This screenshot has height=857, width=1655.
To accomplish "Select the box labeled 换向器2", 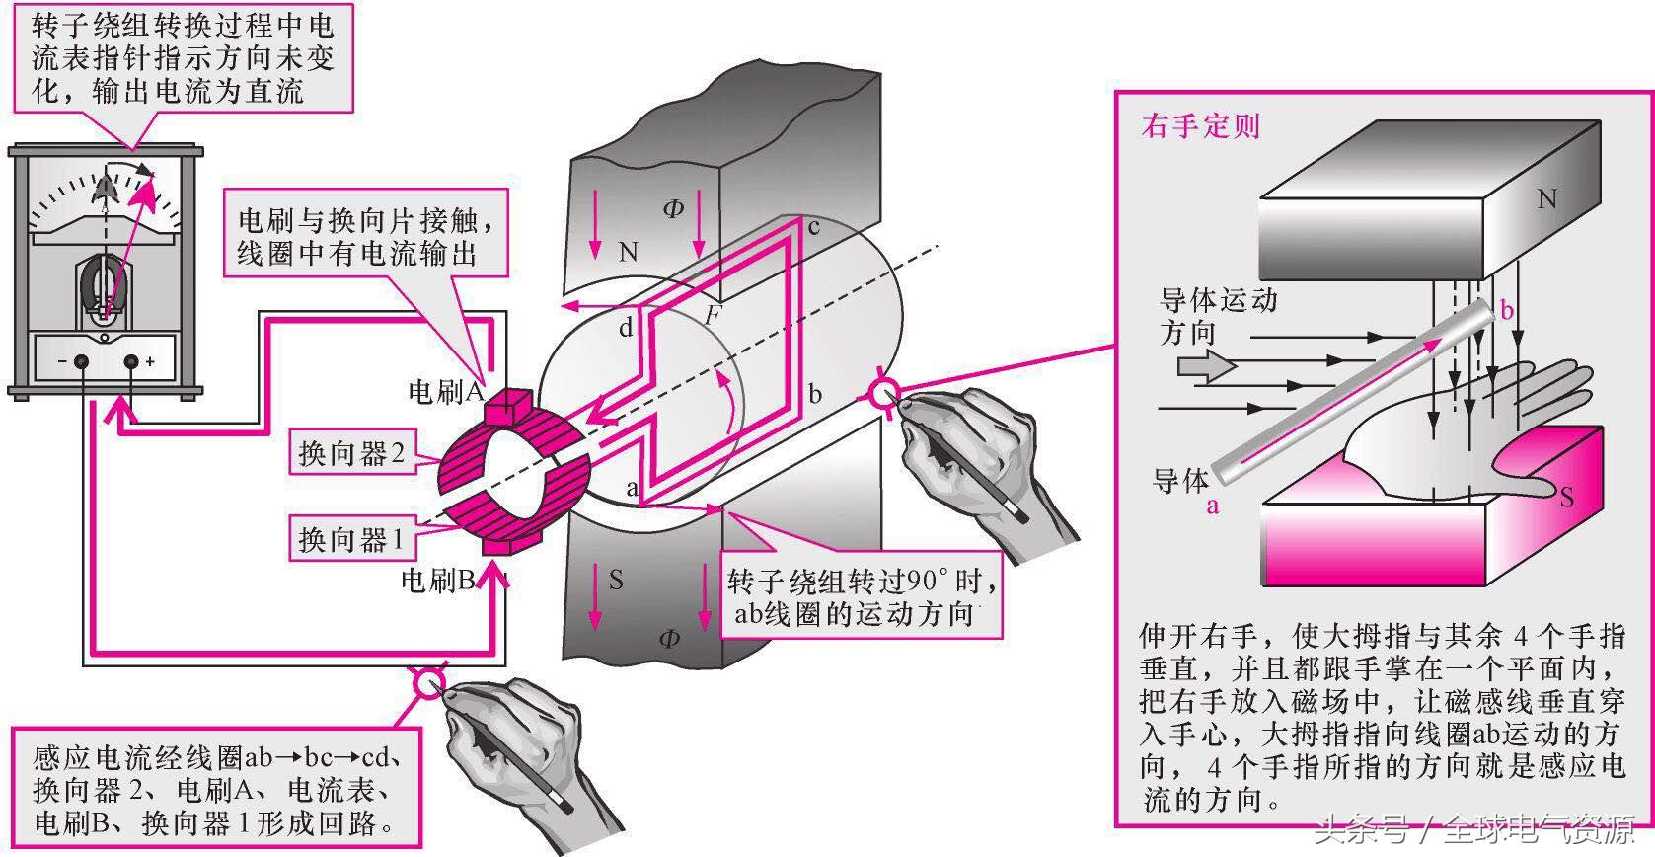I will pos(351,453).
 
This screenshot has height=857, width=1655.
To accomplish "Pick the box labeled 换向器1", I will pos(351,540).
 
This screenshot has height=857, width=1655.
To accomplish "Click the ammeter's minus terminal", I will pos(82,362).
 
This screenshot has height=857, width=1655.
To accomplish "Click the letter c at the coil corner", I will pos(814,227).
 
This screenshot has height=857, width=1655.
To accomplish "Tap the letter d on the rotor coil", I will pos(626,328).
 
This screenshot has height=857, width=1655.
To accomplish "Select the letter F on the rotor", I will pos(712,316).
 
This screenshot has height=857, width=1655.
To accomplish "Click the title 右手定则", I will pos(1200,126).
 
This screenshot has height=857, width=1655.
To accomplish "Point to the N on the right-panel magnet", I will pos(1546,199).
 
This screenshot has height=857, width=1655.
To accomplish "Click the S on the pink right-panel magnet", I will pos(1565,497).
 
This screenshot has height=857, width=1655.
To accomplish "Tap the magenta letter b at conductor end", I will pos(1506,311).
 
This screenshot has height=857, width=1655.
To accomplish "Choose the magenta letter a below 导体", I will pos(1212,506).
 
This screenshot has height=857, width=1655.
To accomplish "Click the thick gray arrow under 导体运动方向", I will pos(1207,367).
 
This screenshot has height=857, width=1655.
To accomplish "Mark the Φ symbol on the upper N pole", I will pos(673,208).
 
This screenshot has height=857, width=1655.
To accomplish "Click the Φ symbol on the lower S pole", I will pos(668,638).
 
